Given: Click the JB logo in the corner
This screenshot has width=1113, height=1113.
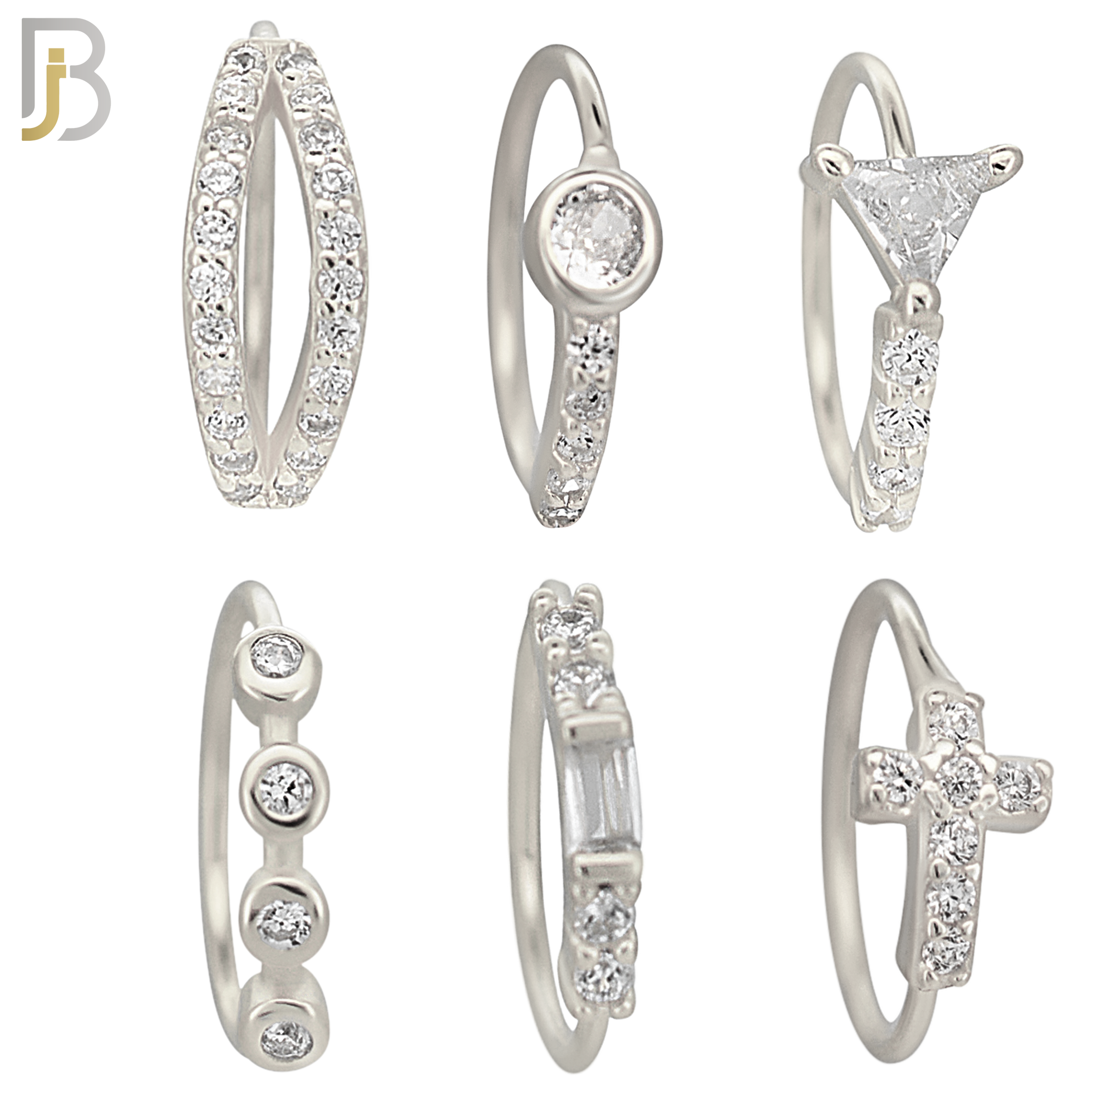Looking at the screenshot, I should pyautogui.click(x=66, y=79).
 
